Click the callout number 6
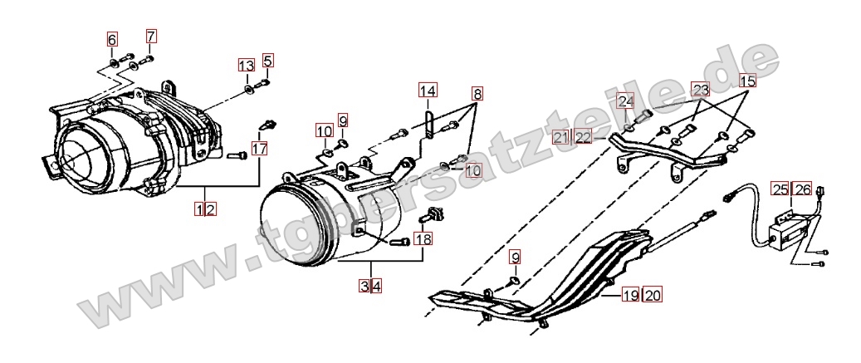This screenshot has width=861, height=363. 112,40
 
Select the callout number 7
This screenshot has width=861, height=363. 151,37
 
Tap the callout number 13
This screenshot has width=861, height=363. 247,66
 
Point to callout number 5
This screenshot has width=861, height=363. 267,60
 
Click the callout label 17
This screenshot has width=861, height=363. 260,148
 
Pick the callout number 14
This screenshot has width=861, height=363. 428,90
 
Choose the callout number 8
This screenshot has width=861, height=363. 477,94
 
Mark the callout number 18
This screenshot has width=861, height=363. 423,238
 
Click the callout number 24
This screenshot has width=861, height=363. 626,101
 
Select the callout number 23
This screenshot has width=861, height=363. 701,89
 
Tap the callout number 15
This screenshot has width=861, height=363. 747,81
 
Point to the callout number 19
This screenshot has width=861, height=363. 630,296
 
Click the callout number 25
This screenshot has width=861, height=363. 780,189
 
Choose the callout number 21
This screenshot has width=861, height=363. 560,137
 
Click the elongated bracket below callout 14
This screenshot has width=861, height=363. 428,124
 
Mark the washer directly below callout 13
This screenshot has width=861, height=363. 247,88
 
